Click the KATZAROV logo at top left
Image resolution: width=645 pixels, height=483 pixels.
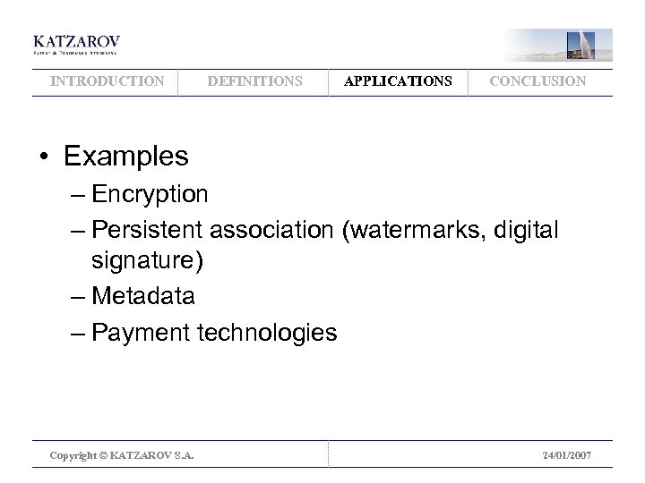click(x=76, y=45)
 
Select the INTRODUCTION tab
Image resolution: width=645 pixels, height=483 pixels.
click(x=107, y=81)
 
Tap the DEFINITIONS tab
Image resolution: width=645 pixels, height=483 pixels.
click(x=254, y=81)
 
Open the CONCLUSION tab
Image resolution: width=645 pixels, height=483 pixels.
click(x=537, y=81)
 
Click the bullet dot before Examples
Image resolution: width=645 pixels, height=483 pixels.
click(x=43, y=157)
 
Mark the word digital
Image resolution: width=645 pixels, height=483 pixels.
click(x=529, y=231)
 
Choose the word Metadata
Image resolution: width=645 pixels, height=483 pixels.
click(x=142, y=295)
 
